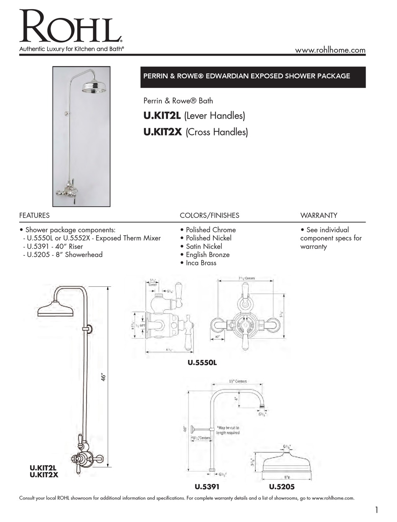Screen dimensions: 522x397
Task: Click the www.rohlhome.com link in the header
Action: [330, 50]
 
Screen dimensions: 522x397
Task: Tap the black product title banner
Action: [253, 77]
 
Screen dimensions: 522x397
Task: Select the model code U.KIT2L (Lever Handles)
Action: [194, 116]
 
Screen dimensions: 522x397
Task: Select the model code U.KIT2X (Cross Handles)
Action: [196, 132]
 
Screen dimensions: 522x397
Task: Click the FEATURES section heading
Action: [34, 216]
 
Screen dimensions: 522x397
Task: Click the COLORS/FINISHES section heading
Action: [209, 216]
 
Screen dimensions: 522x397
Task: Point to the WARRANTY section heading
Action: [318, 216]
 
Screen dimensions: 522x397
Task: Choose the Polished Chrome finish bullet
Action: [208, 230]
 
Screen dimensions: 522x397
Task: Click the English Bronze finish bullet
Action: [205, 255]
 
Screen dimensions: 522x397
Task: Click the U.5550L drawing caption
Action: [202, 363]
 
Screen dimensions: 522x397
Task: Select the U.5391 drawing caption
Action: [207, 487]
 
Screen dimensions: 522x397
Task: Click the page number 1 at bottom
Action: [377, 509]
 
